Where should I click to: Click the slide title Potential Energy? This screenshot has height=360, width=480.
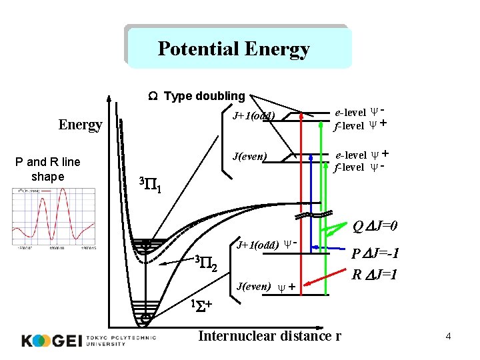click(233, 49)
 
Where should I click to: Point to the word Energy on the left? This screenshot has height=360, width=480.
click(81, 125)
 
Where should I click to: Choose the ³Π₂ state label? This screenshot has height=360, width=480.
click(206, 263)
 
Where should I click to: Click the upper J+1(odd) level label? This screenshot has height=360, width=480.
click(253, 117)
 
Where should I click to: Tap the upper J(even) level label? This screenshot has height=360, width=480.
click(249, 157)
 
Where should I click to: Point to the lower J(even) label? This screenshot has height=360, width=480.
click(257, 287)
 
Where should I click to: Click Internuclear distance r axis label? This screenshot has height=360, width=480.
click(269, 335)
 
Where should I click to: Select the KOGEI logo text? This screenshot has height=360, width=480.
click(52, 340)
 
